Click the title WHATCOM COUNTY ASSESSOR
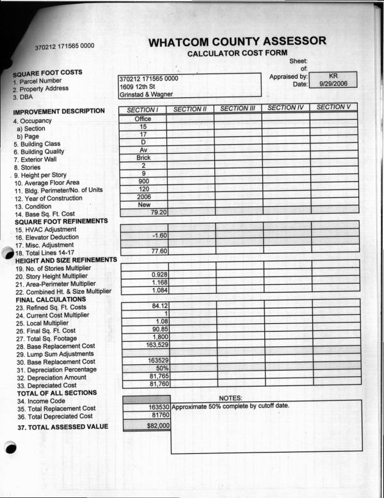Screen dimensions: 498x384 237,42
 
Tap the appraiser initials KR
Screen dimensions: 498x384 333,76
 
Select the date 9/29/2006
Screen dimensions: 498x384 333,84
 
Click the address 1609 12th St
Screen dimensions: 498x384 138,86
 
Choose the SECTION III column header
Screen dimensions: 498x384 237,109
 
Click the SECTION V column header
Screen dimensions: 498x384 333,107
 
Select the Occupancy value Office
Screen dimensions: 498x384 143,119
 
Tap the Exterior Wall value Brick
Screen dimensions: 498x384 143,157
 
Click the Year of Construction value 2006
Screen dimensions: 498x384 143,197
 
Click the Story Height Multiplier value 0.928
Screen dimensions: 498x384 159,275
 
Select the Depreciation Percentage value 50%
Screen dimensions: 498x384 162,368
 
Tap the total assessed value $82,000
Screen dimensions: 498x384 157,425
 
